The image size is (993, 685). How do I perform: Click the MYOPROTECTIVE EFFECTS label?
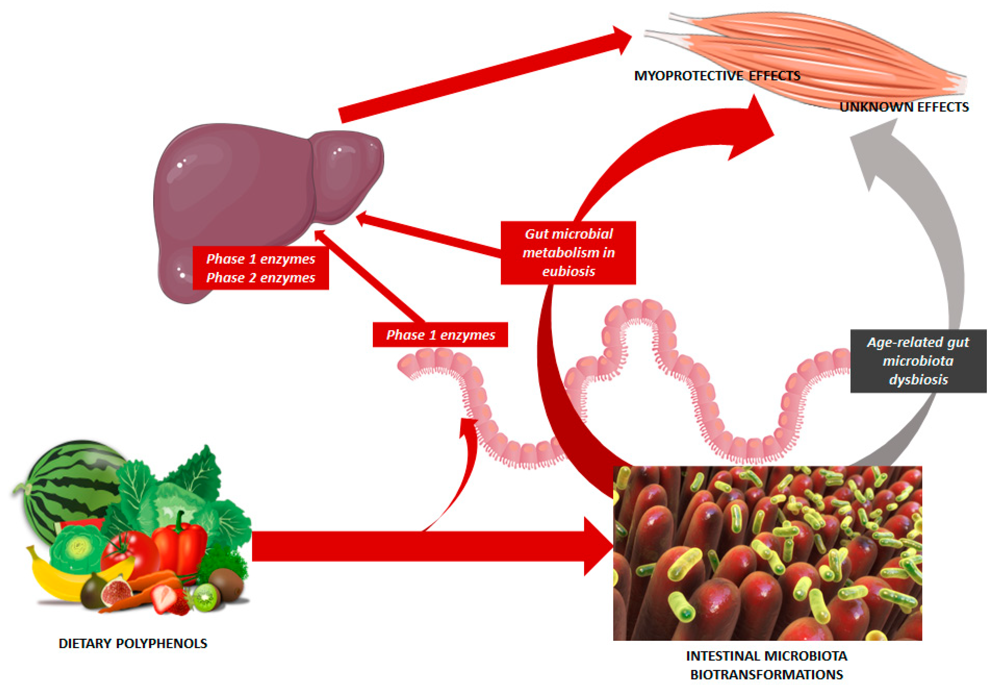pyautogui.click(x=717, y=76)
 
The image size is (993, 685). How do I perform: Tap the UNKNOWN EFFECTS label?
pyautogui.click(x=904, y=107)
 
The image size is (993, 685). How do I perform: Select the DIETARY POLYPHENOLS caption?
pyautogui.click(x=133, y=643)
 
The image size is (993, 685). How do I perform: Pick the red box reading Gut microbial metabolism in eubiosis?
pyautogui.click(x=568, y=253)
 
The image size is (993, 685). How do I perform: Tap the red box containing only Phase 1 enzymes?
pyautogui.click(x=440, y=335)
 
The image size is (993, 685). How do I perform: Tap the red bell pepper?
pyautogui.click(x=180, y=545)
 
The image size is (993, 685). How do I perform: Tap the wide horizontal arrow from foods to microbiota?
pyautogui.click(x=429, y=546)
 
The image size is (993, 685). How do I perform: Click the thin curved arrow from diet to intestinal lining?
pyautogui.click(x=463, y=481)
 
